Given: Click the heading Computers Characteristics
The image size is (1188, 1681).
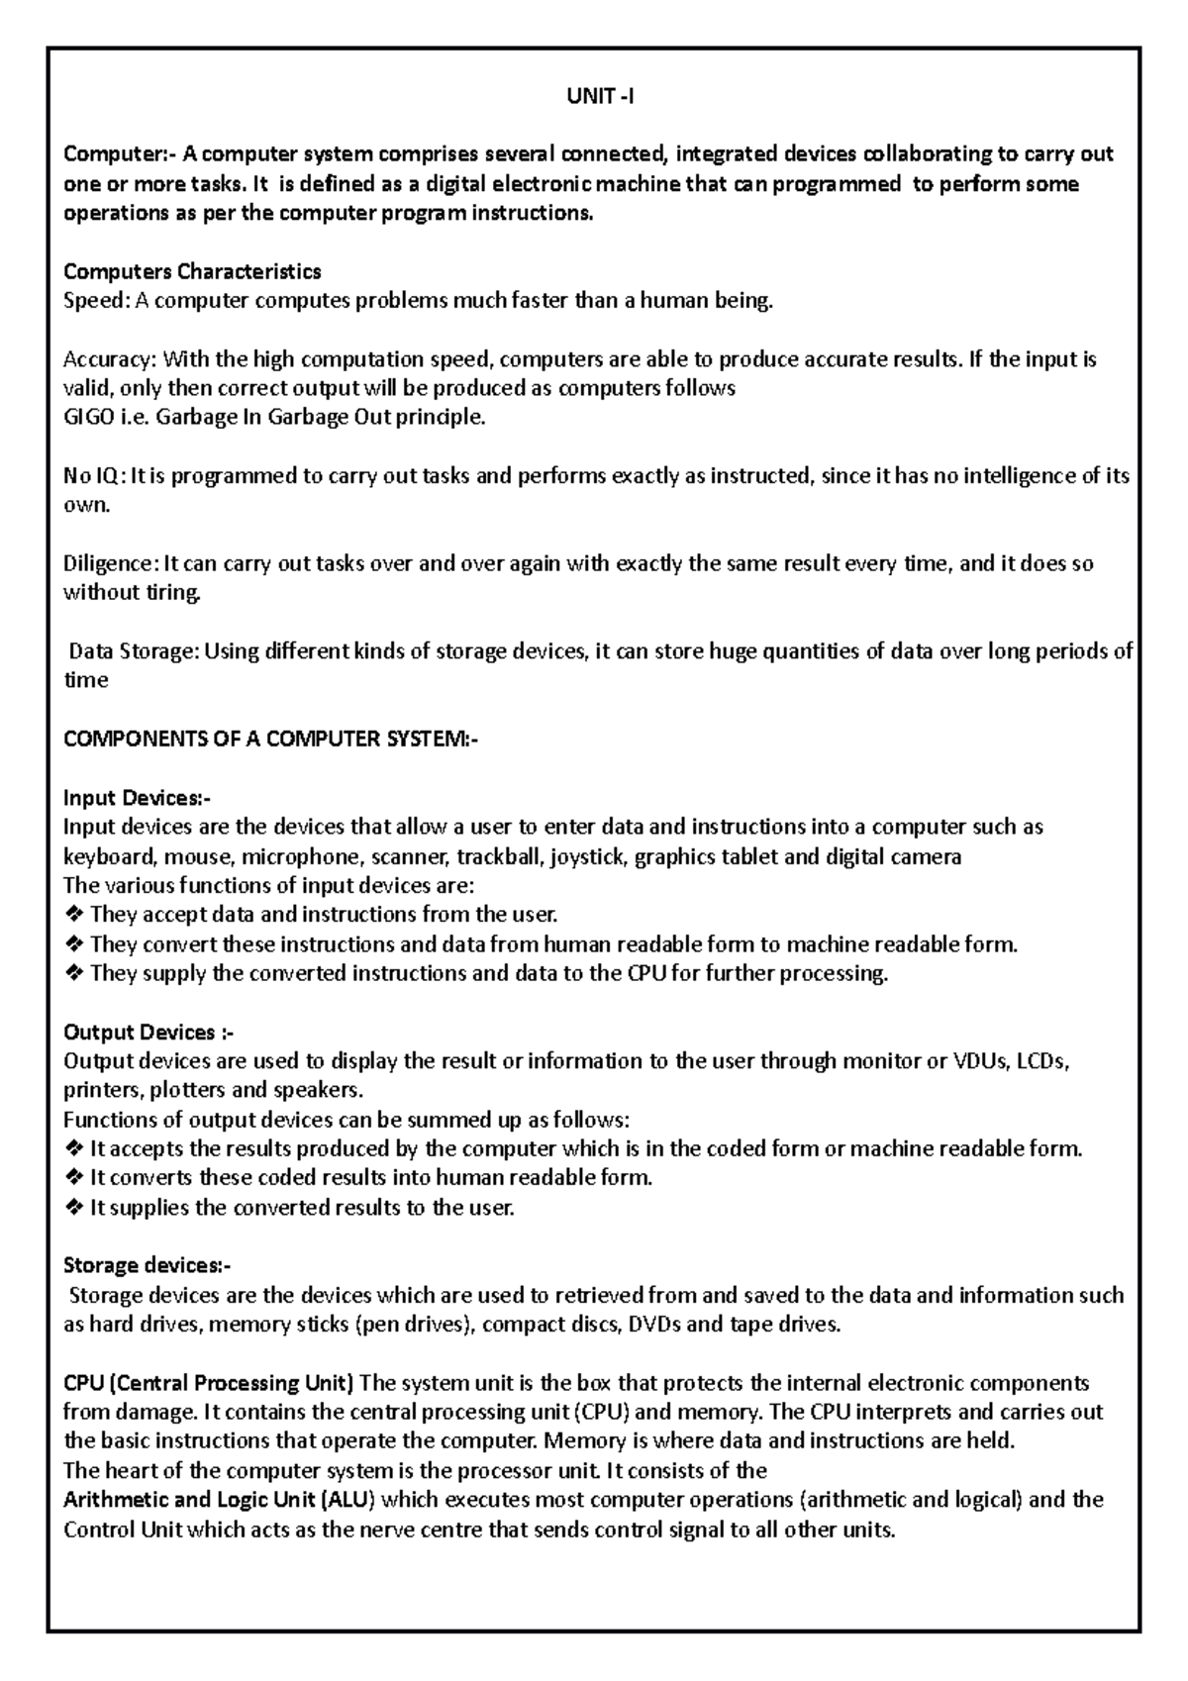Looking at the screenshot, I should pos(192,271).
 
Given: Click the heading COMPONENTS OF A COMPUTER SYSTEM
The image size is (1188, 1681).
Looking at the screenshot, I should pos(269,739).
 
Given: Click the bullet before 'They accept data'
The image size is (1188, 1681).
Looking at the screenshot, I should pos(73,915).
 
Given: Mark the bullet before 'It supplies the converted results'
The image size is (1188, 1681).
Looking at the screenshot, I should pos(73,1208).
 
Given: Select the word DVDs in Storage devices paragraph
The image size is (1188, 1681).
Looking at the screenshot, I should pos(654,1325).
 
